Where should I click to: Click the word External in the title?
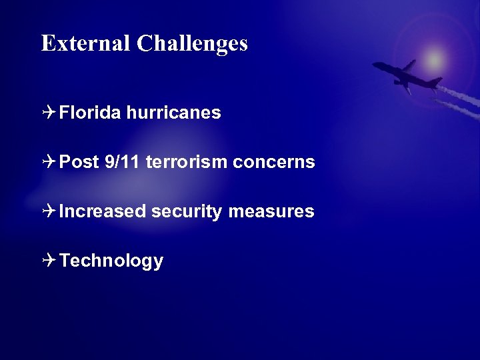[86, 43]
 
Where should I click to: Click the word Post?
[79, 162]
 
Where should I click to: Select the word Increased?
[102, 211]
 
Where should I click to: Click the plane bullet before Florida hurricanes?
[49, 113]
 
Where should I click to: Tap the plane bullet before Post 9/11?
[49, 162]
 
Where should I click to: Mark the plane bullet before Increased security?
[49, 211]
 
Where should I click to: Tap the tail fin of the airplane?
[435, 82]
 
